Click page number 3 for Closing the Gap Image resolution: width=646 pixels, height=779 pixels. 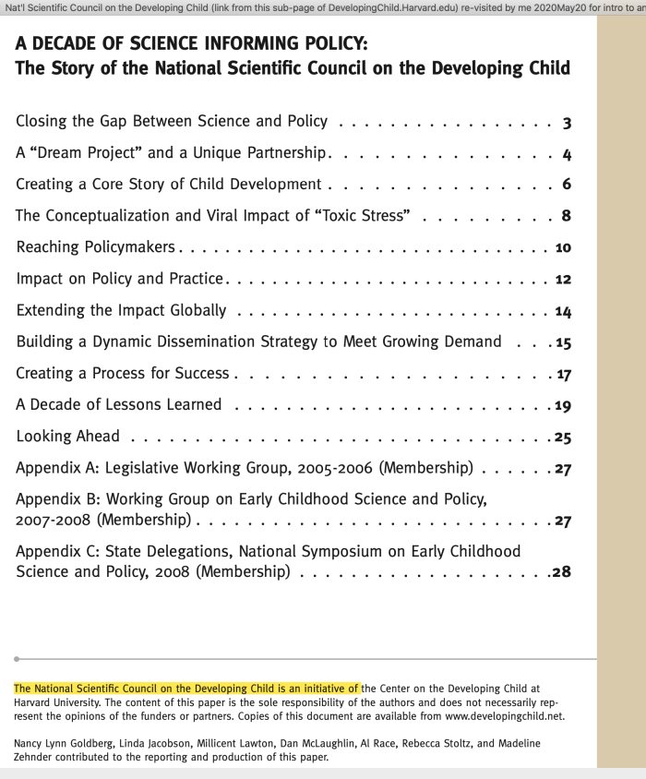point(567,122)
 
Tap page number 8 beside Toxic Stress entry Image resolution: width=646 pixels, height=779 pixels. point(567,217)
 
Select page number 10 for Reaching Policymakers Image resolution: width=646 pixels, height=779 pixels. point(564,248)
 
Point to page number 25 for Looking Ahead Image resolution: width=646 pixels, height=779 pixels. point(563,437)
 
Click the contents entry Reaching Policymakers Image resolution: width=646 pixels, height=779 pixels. point(96,247)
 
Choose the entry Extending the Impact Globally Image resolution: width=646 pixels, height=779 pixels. point(121,310)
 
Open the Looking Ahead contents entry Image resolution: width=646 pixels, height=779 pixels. point(67,436)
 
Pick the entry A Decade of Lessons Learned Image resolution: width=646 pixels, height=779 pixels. point(119,404)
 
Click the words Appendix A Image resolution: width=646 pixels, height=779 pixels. point(56,467)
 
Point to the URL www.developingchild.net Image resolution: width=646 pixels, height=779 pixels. point(505,715)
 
